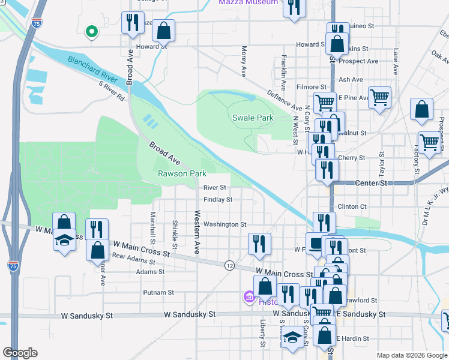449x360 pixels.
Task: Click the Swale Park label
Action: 253,118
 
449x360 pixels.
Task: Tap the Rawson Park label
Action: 182,173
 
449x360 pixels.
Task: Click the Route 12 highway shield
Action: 229,265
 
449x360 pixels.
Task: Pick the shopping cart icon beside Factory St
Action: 430,143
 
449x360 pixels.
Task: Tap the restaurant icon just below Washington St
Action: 259,242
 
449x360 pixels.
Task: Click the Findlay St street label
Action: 217,199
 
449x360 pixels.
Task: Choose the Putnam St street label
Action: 158,293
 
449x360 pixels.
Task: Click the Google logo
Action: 20,352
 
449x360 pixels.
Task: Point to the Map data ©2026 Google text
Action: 411,355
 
